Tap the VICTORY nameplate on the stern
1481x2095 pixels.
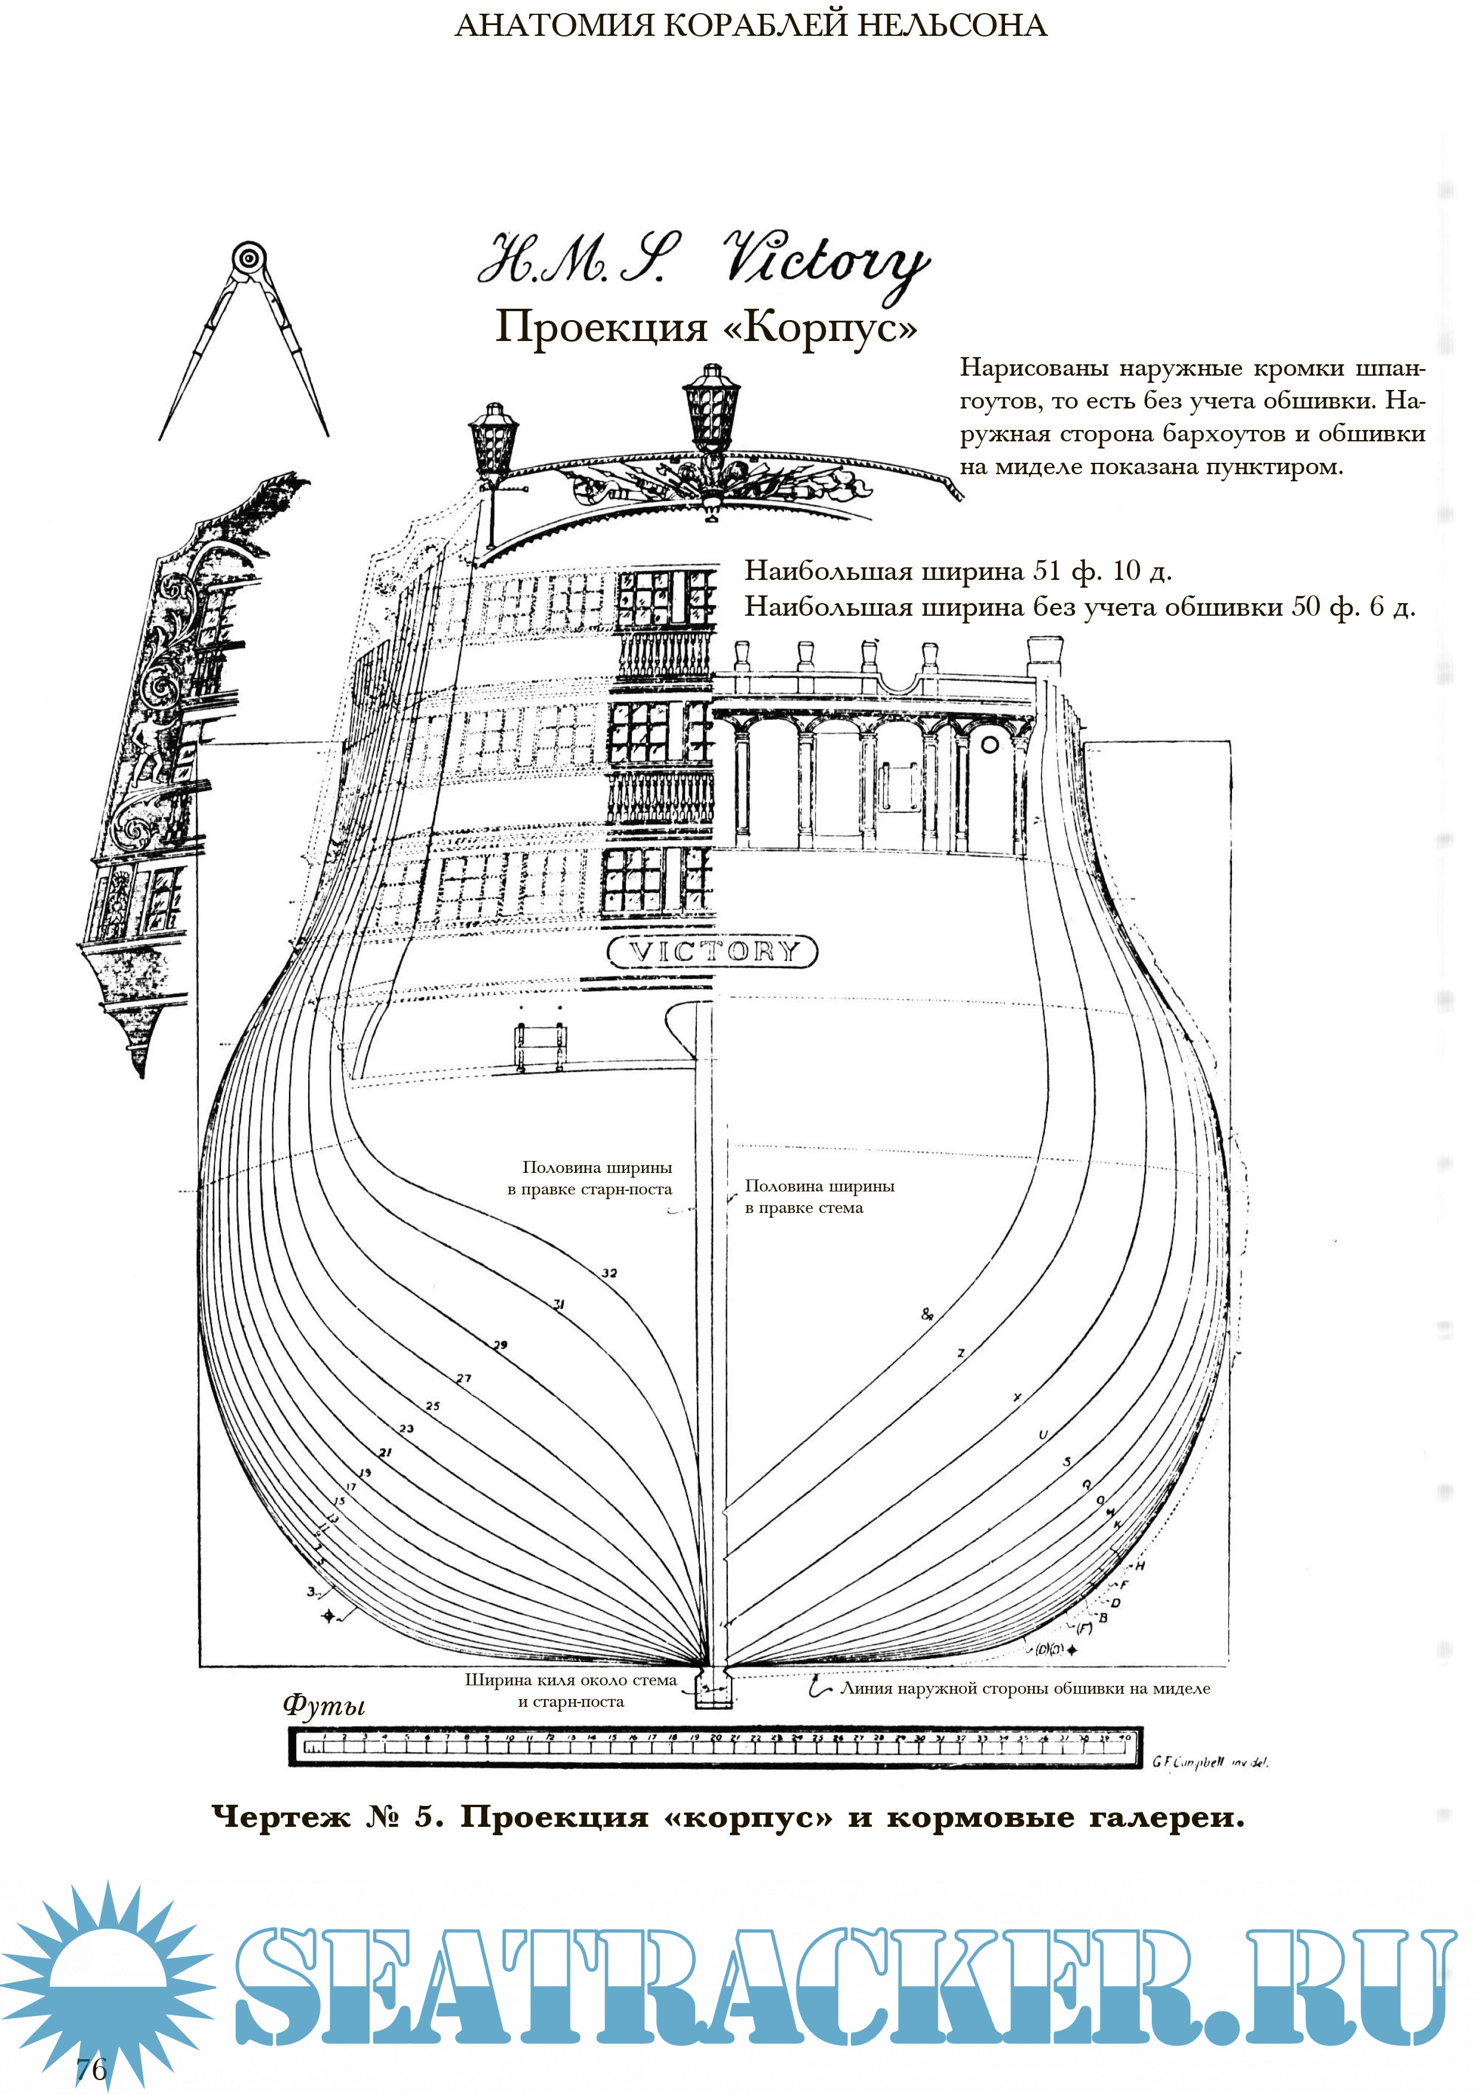tap(712, 952)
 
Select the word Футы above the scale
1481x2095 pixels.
tap(324, 1704)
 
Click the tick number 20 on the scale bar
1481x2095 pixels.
tap(715, 1738)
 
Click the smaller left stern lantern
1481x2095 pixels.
tap(494, 440)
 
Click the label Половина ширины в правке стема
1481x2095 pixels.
tap(819, 1196)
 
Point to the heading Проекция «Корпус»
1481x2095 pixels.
tap(705, 327)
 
